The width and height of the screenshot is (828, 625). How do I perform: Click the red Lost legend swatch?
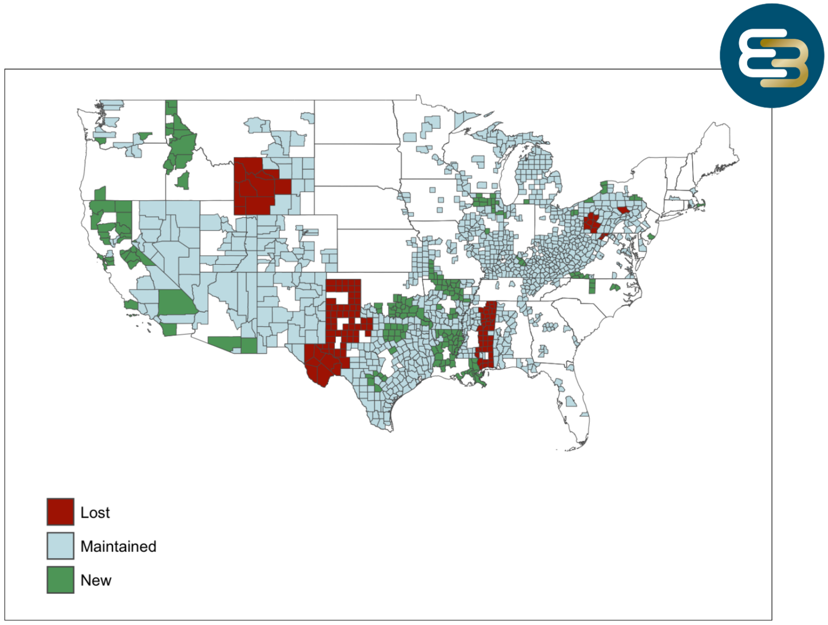60,512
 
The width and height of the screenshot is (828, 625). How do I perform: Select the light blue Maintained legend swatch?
60,546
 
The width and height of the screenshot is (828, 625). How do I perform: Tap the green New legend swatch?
60,580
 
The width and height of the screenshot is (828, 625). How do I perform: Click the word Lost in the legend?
95,512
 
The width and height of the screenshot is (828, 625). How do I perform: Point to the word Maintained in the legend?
118,546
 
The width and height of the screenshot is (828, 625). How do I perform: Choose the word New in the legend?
95,580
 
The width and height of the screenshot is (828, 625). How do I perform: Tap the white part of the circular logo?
755,54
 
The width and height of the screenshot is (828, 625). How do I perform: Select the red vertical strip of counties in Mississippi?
487,334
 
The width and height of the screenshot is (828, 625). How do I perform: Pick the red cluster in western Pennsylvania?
591,222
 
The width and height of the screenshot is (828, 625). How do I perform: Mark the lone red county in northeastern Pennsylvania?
623,210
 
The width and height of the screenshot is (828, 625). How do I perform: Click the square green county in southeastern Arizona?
249,345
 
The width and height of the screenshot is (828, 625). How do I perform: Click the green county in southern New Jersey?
651,237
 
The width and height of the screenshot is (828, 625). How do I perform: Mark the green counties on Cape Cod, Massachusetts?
701,203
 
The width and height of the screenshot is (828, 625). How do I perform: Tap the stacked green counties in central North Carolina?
592,286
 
